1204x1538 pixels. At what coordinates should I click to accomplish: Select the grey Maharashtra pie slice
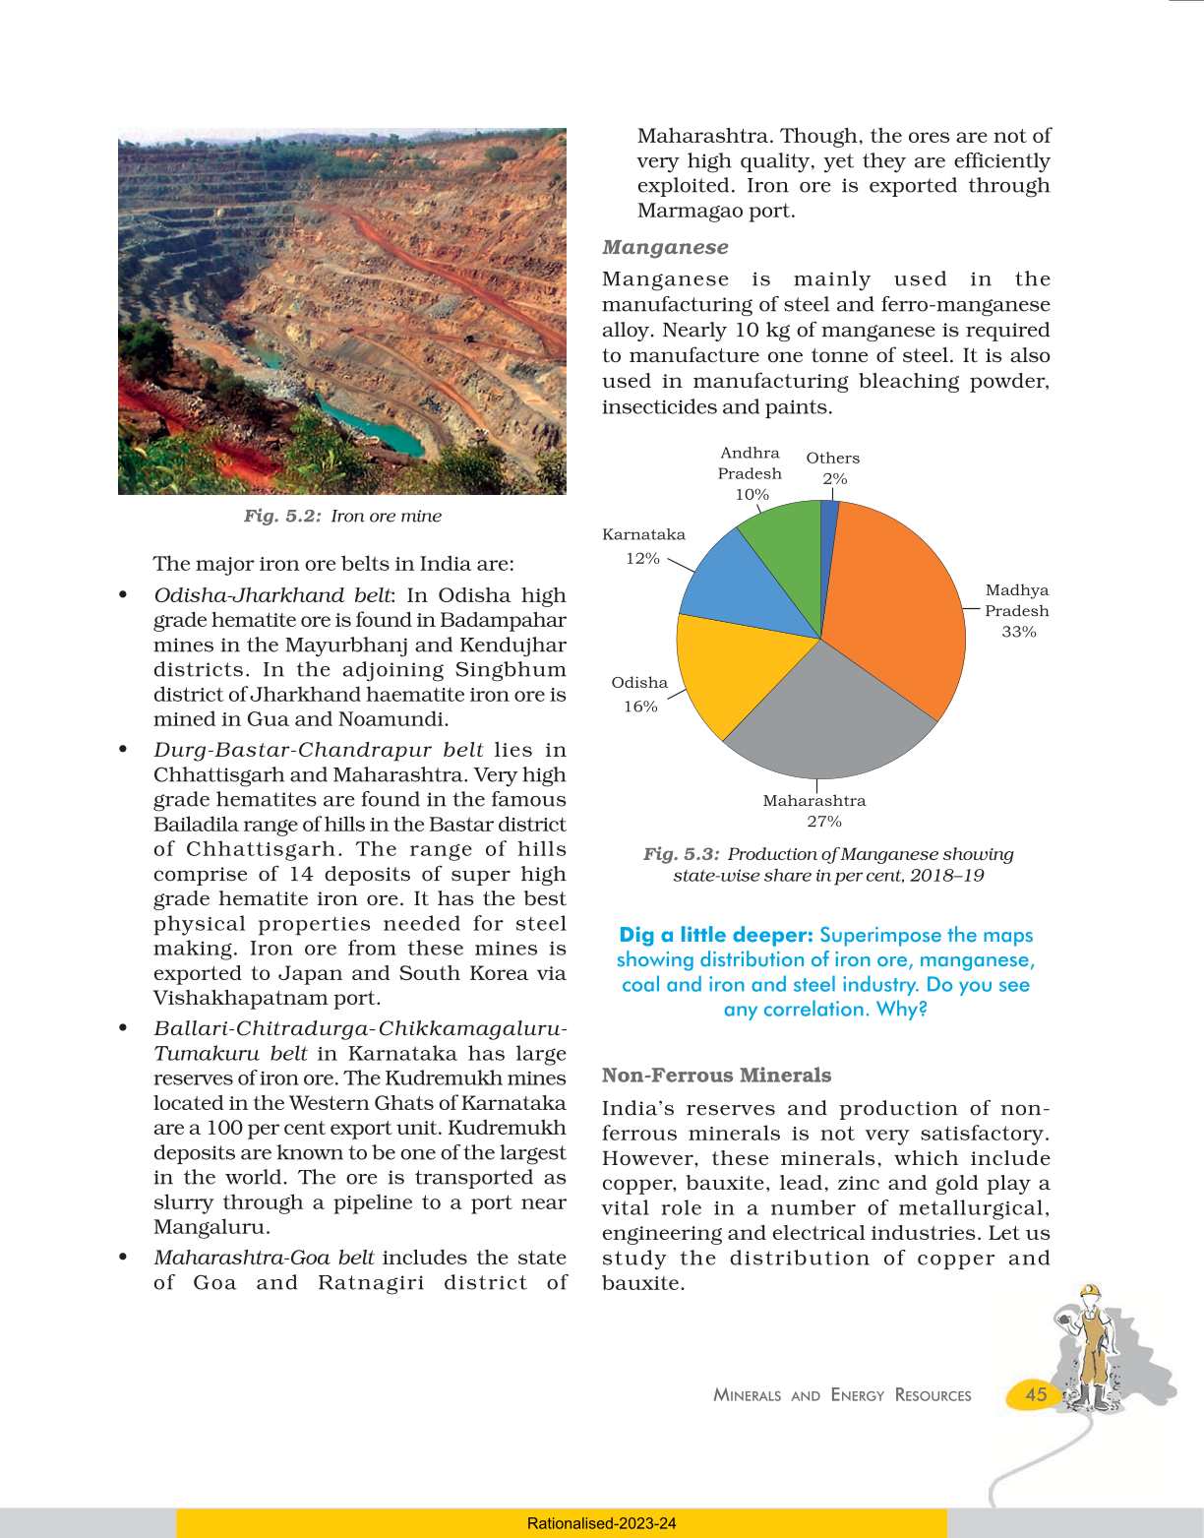(x=826, y=718)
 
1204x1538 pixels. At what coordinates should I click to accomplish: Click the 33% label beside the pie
(x=1019, y=632)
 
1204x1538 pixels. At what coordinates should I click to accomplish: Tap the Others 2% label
(x=833, y=468)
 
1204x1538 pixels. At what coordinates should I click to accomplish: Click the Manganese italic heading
(x=665, y=247)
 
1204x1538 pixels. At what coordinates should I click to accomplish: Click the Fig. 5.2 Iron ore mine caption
(x=342, y=516)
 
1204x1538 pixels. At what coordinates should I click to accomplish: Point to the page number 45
(x=1036, y=1394)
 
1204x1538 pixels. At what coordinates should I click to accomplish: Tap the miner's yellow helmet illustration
(x=1089, y=1292)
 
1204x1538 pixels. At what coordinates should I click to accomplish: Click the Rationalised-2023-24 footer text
(x=601, y=1523)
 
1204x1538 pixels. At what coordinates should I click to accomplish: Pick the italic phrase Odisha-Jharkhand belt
(x=271, y=595)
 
